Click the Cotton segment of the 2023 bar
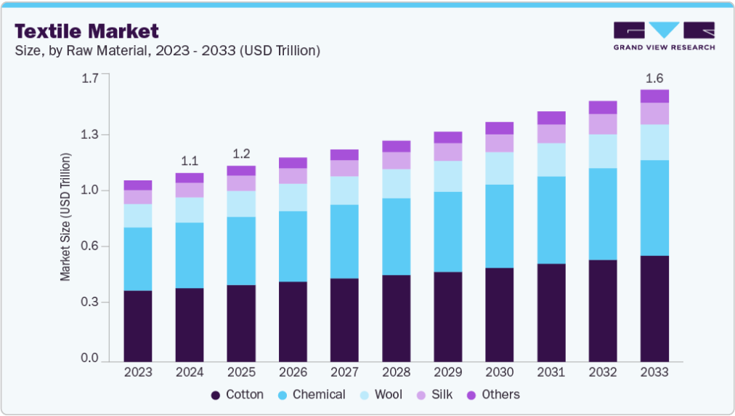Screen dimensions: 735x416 (138, 327)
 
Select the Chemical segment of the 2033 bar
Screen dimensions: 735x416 (654, 208)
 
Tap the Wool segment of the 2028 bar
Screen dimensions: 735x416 (396, 183)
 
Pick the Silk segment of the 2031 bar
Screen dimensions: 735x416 (551, 134)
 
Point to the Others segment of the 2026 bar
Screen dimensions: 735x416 (293, 163)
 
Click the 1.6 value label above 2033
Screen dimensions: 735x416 (654, 78)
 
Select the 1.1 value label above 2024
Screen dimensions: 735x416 (190, 161)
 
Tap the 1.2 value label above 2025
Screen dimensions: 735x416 (241, 153)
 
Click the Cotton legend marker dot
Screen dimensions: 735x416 (216, 396)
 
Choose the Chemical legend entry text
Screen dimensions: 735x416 (319, 394)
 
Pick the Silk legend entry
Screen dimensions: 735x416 (434, 394)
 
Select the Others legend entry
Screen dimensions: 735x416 (493, 394)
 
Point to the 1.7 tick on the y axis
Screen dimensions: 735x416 (90, 78)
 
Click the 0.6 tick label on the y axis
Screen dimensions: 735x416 (90, 246)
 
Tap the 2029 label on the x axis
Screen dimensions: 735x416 (447, 372)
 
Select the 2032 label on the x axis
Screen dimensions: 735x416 (603, 372)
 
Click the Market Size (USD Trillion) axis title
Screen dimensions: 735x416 (65, 217)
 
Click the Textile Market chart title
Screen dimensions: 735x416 (86, 31)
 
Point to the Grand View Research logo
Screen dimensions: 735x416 (665, 36)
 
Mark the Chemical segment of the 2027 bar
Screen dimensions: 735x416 (344, 241)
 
